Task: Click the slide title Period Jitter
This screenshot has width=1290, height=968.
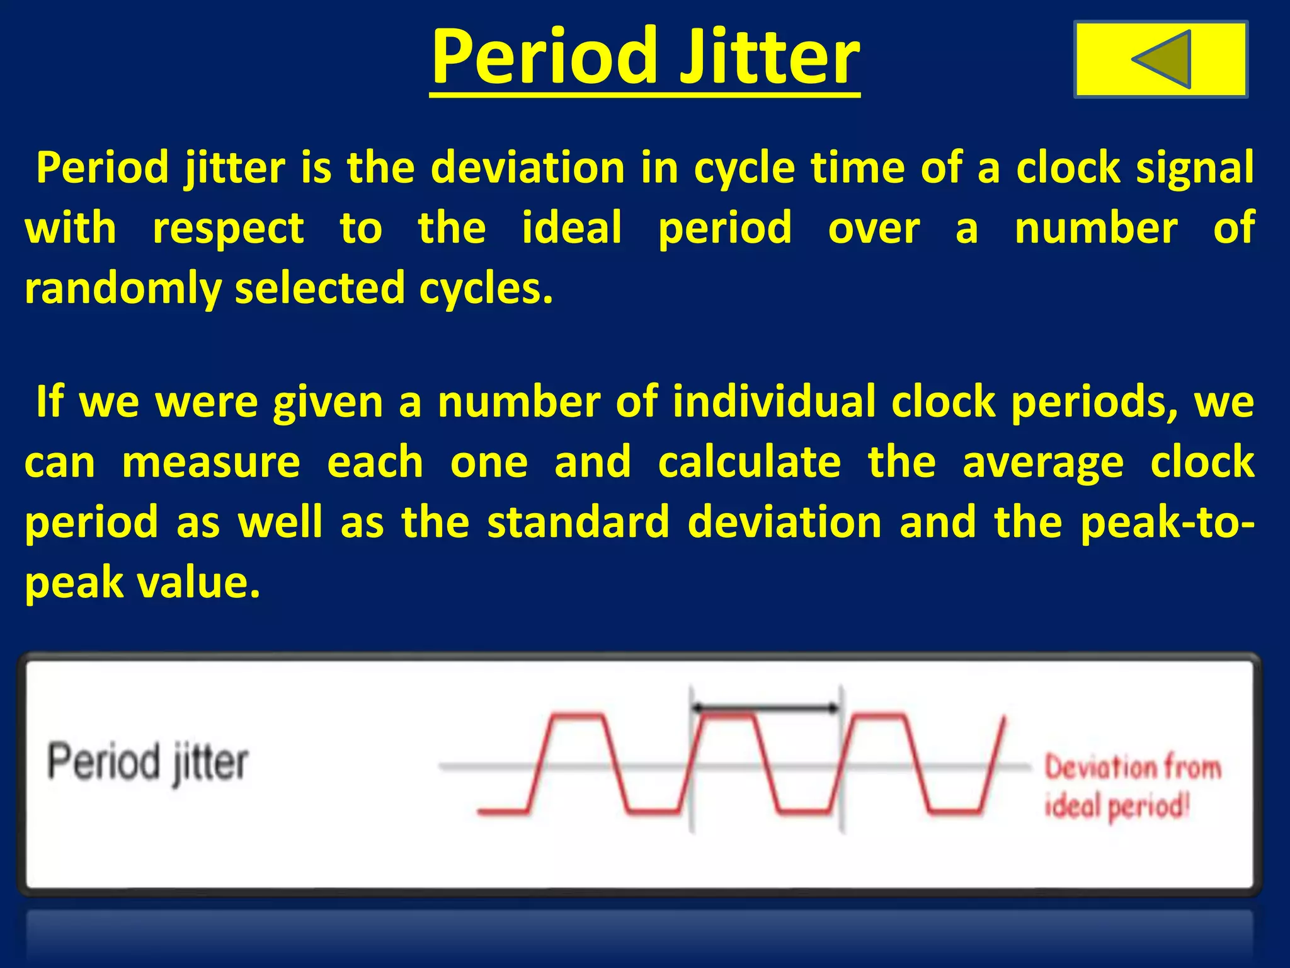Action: click(645, 58)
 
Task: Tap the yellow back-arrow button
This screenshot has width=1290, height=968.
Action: click(1160, 60)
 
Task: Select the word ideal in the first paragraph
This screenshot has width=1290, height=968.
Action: click(572, 228)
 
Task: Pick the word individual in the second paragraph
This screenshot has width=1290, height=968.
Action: click(774, 401)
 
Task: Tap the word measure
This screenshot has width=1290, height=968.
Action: click(211, 462)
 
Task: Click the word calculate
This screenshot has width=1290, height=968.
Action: click(750, 462)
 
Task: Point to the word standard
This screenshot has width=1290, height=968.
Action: click(578, 522)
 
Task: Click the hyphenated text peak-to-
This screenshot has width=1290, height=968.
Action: click(1167, 522)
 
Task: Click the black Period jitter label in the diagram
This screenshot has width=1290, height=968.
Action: click(149, 763)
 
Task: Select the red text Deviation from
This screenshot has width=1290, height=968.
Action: click(1133, 768)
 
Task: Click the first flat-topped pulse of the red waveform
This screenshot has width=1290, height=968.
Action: click(578, 716)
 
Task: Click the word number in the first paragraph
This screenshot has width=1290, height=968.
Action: click(1096, 228)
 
